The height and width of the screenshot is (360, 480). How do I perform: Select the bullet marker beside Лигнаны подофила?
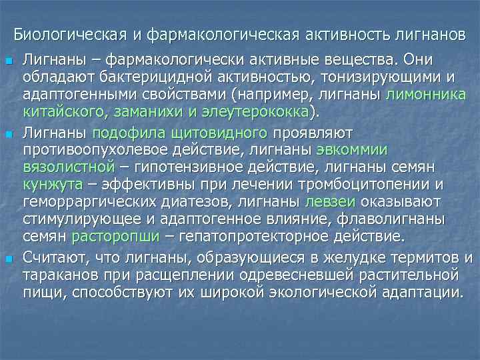click(8, 135)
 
